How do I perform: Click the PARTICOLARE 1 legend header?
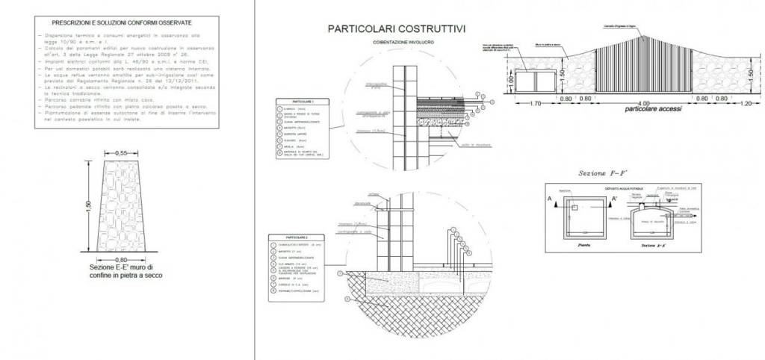pos(296,101)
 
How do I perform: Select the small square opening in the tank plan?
pos(575,207)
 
